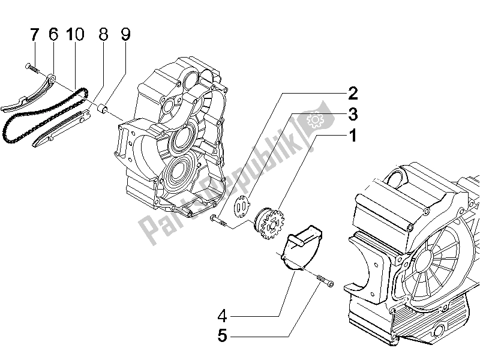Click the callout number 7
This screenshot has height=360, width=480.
34,35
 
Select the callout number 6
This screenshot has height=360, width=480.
53,35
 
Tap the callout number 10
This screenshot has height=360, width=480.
75,35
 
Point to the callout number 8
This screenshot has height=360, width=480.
103,35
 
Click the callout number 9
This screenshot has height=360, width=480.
125,35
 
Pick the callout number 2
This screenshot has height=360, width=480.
352,93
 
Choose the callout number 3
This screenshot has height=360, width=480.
353,114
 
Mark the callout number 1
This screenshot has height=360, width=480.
353,136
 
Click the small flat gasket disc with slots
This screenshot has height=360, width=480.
242,208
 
